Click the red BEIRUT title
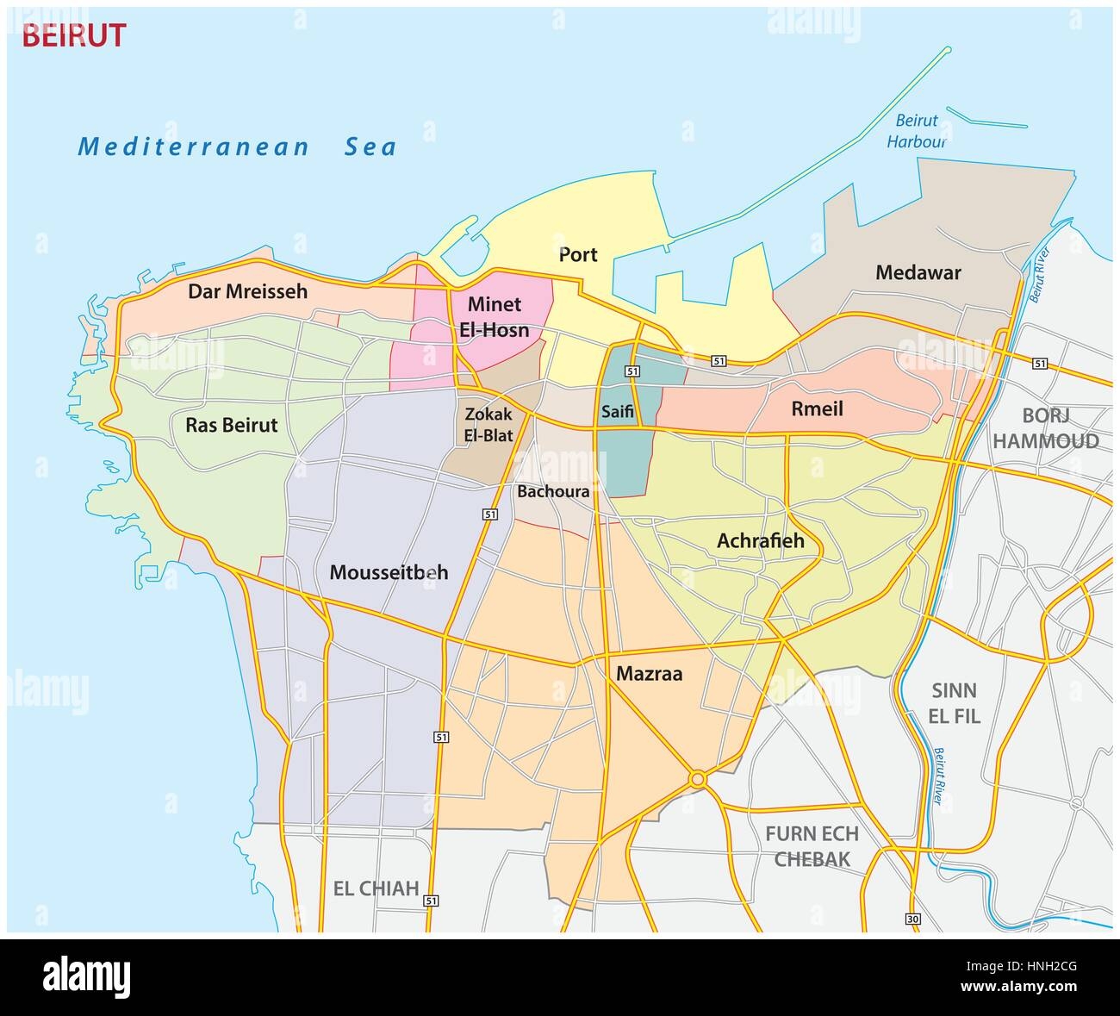tap(73, 35)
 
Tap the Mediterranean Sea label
tap(237, 146)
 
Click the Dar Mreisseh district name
tap(247, 291)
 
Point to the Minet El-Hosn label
tap(498, 317)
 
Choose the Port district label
tap(578, 254)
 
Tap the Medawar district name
tap(918, 273)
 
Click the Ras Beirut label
tap(232, 425)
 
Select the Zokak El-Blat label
tap(488, 424)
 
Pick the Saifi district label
tap(617, 413)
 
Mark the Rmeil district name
tap(817, 409)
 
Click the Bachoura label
tap(553, 492)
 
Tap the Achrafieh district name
tap(760, 541)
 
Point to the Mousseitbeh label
tap(389, 571)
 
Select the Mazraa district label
tap(649, 674)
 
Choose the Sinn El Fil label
tap(955, 702)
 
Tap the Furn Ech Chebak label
tap(812, 845)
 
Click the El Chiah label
tap(376, 888)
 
